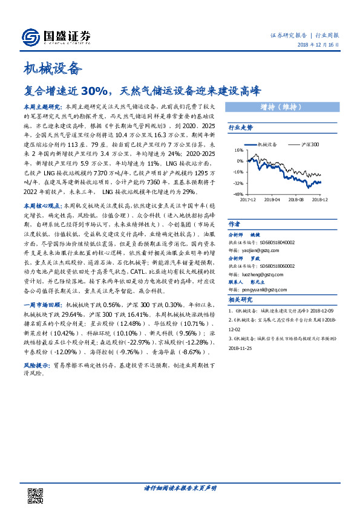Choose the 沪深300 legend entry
click(x=309, y=145)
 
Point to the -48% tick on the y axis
click(x=238, y=194)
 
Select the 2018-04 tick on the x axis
click(x=272, y=198)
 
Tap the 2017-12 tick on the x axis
click(x=247, y=198)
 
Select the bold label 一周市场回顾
click(x=42, y=306)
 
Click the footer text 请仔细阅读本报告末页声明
click(x=180, y=488)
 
